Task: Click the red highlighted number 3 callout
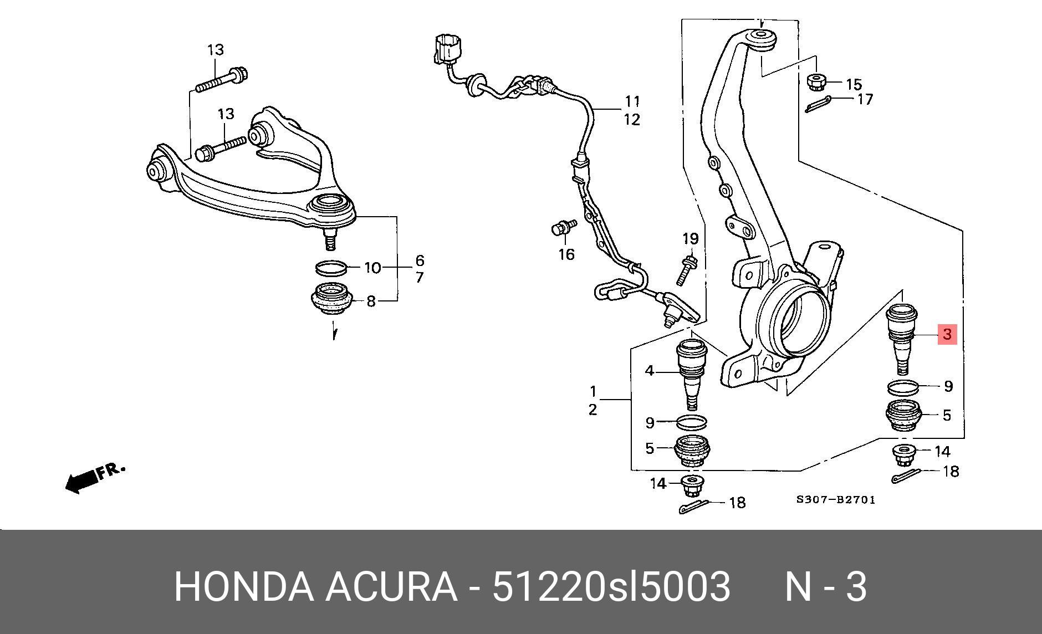947,334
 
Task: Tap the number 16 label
566,254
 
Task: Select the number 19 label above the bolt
690,239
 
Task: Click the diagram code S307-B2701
836,500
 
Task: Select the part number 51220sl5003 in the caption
611,587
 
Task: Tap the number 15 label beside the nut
854,85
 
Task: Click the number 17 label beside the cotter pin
865,99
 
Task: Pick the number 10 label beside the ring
372,268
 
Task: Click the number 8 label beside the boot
371,301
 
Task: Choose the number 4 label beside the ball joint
650,371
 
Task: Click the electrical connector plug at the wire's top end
447,48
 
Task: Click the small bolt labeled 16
564,227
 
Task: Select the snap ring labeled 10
332,268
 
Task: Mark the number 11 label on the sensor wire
632,102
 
